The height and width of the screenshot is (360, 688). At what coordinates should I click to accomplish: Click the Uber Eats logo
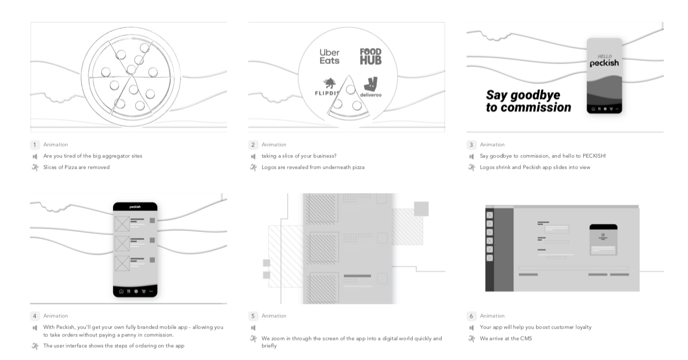point(329,56)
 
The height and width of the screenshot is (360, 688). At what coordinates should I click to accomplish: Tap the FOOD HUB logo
point(371,56)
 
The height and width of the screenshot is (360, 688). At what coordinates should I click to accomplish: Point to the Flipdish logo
point(326,87)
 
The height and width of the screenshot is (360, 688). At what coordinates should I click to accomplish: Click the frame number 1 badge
point(35,145)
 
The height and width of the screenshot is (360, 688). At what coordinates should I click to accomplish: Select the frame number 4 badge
point(35,316)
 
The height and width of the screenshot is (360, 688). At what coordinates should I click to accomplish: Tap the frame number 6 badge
point(472,316)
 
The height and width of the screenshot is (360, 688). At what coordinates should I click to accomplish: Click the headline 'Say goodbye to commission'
point(528,101)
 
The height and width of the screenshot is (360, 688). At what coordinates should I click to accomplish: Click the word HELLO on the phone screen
point(604,57)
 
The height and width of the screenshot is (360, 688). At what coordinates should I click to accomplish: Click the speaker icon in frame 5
point(253,328)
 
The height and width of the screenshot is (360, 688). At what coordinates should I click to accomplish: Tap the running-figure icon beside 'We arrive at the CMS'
point(472,339)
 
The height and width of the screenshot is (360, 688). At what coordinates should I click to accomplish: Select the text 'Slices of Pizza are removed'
point(76,168)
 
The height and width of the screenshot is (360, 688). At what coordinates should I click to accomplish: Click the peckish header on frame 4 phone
point(135,207)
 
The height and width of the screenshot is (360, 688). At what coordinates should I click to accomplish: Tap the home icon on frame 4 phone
point(121,291)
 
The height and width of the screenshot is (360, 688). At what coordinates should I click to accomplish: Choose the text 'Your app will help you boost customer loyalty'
point(535,328)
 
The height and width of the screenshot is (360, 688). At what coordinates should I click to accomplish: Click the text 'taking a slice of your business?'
point(299,156)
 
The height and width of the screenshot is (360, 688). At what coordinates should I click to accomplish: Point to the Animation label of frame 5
point(274,316)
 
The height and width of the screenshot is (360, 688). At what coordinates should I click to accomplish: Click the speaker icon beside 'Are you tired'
point(35,156)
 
